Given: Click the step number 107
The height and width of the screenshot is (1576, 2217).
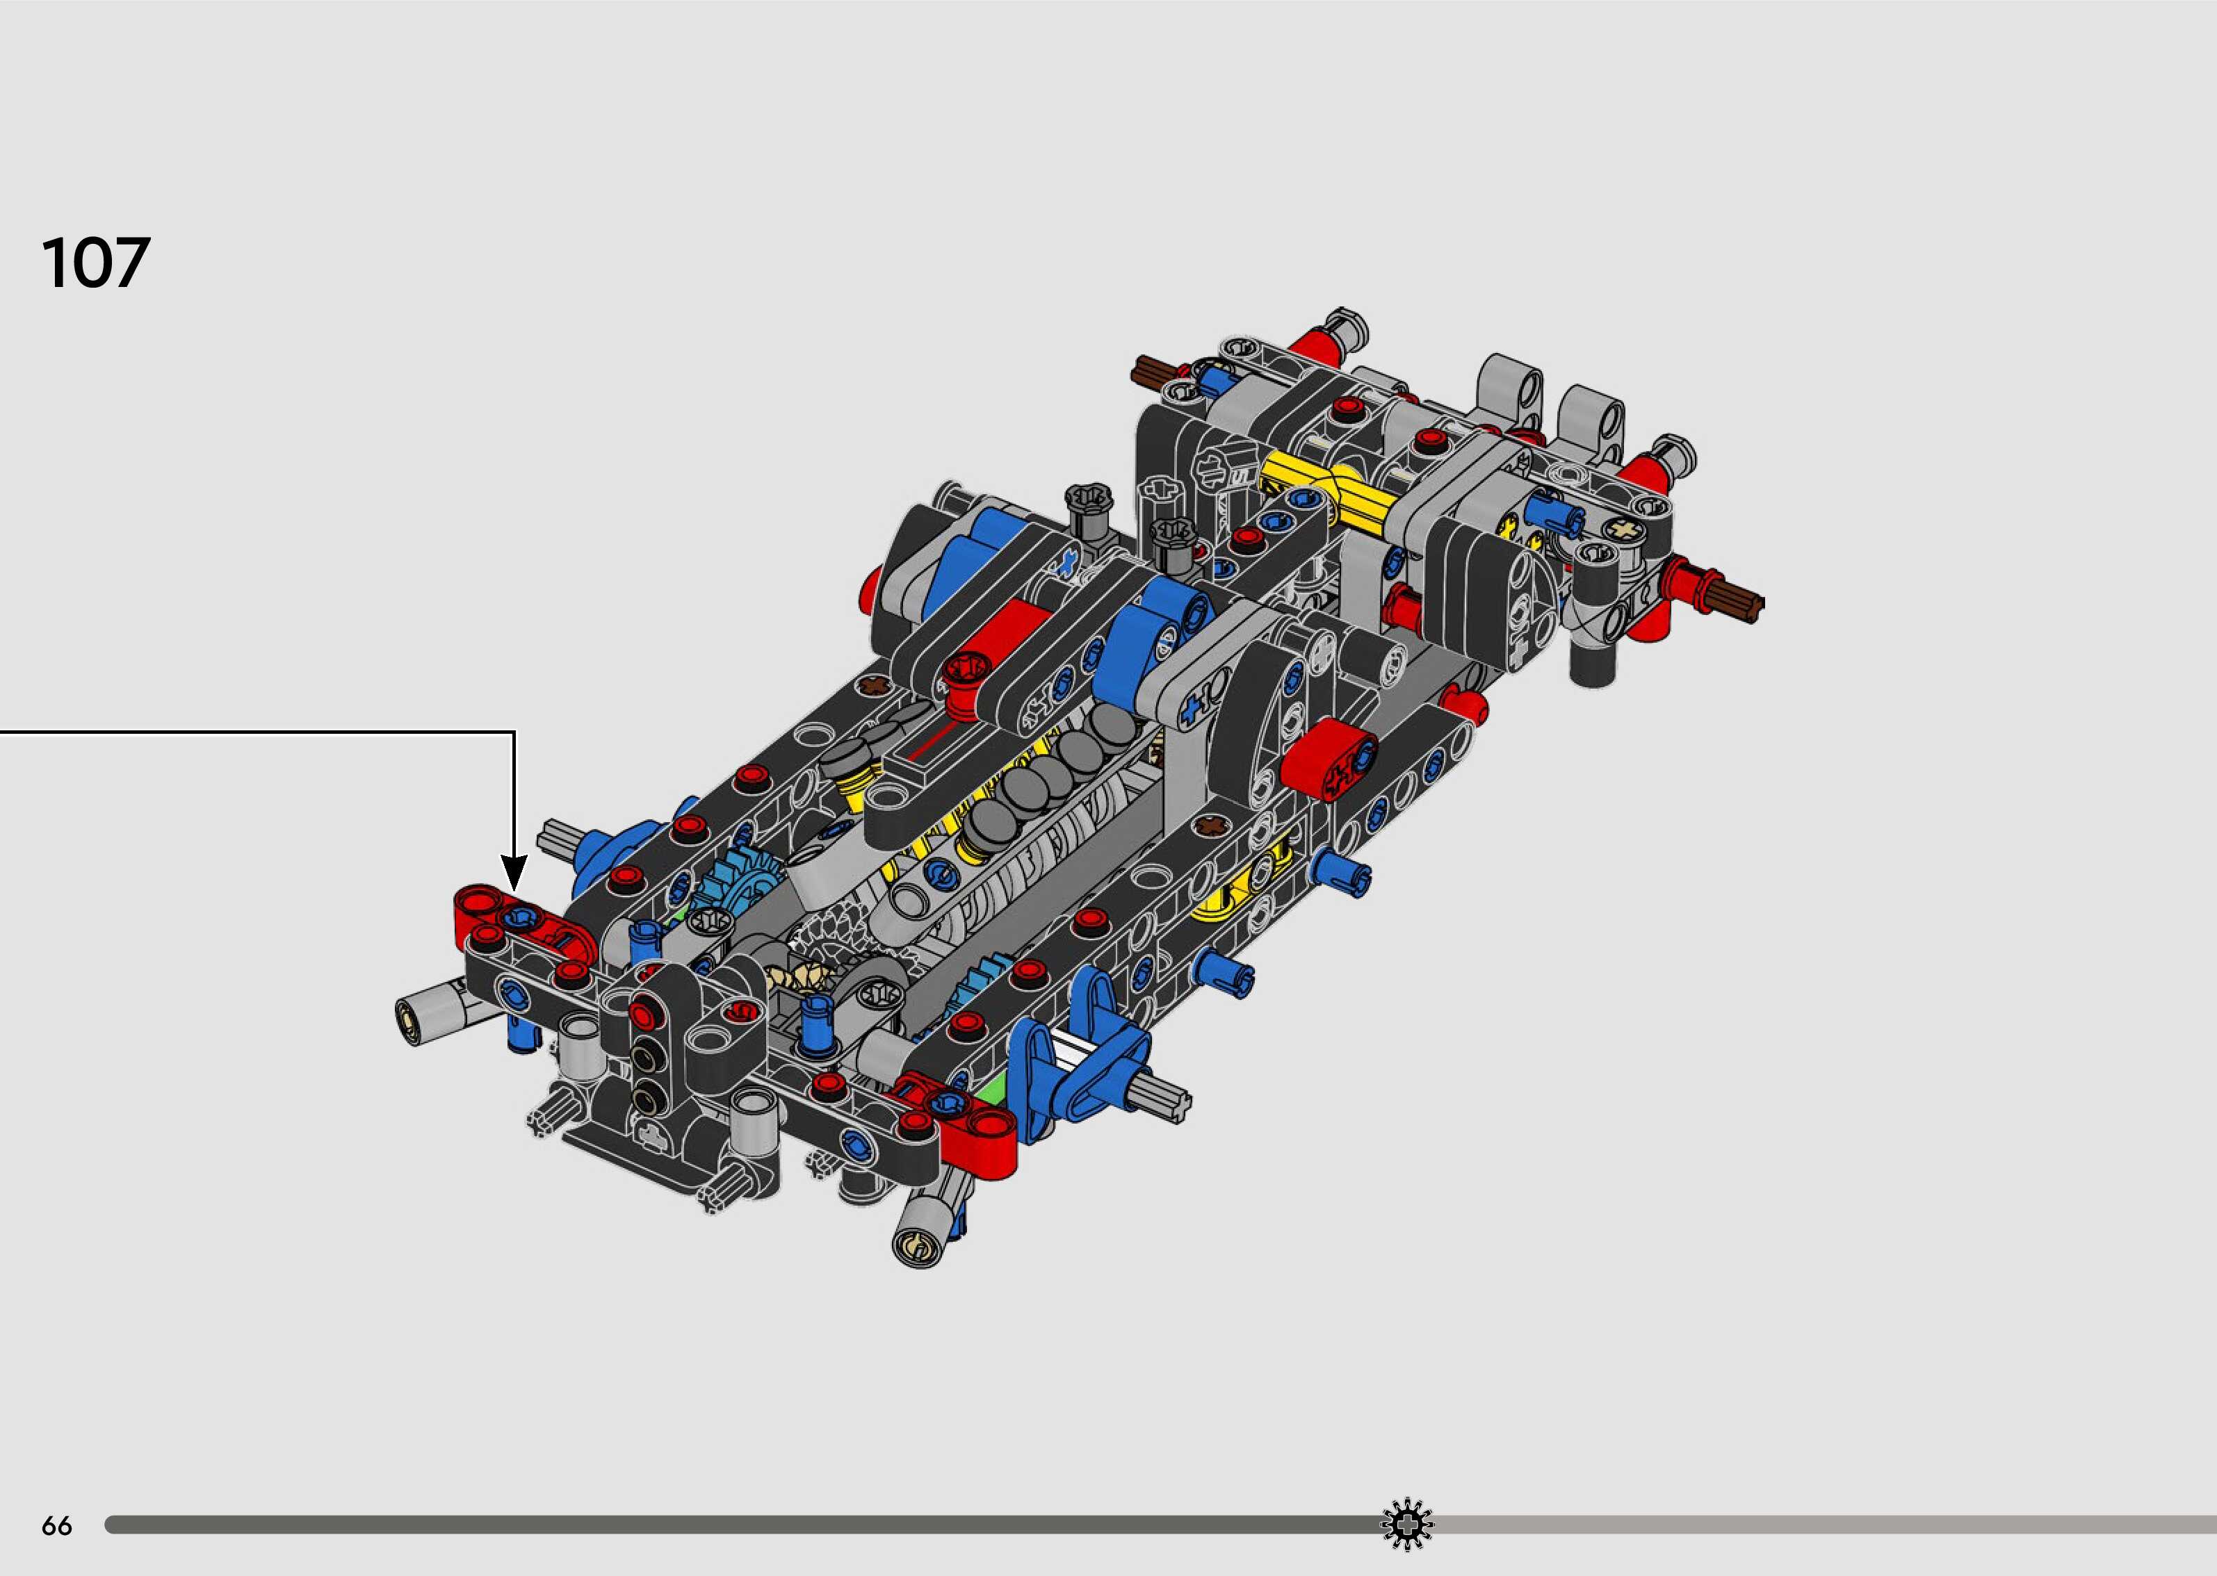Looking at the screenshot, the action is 96,262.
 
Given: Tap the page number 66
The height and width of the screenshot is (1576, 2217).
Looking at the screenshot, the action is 56,1527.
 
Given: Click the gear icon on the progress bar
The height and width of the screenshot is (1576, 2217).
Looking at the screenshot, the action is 1406,1525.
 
